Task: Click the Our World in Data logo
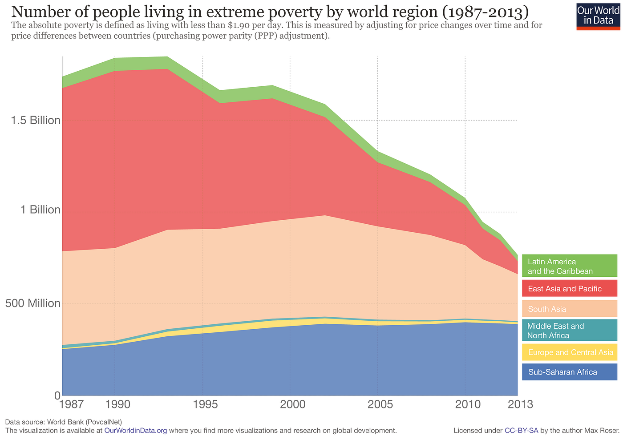click(598, 16)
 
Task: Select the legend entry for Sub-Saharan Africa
click(570, 372)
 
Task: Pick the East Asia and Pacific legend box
click(570, 288)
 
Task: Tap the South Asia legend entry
click(570, 309)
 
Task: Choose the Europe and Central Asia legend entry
click(570, 352)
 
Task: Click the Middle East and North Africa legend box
click(570, 331)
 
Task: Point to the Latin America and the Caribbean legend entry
click(570, 266)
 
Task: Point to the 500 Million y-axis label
click(33, 303)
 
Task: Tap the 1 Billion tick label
click(40, 210)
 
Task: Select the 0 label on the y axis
click(57, 395)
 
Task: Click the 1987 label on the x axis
click(71, 404)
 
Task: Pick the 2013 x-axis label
click(520, 404)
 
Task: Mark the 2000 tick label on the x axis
click(293, 404)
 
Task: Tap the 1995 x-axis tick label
click(205, 404)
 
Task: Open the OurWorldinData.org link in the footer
click(136, 430)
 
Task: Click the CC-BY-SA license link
click(521, 430)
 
